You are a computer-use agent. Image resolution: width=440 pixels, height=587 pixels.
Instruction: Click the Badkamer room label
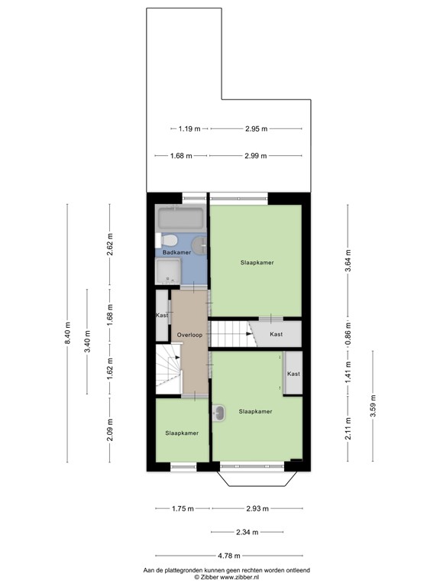[177, 251]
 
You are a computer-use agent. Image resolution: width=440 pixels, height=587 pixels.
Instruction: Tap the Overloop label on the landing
[189, 336]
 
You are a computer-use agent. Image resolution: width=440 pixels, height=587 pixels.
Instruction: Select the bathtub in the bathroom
[180, 219]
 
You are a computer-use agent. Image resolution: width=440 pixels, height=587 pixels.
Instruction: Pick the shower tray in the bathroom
[168, 271]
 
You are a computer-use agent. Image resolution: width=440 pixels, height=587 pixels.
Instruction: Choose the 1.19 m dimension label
[189, 129]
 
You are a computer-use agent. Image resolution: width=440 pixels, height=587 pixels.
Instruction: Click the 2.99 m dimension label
[256, 156]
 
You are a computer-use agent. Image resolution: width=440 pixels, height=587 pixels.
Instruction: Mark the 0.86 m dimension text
[348, 335]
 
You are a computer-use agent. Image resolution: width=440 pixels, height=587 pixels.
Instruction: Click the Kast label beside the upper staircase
[277, 335]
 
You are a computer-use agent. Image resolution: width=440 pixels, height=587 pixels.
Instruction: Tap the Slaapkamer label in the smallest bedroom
[182, 433]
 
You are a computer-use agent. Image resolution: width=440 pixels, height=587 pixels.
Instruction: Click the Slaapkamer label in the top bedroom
[256, 262]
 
